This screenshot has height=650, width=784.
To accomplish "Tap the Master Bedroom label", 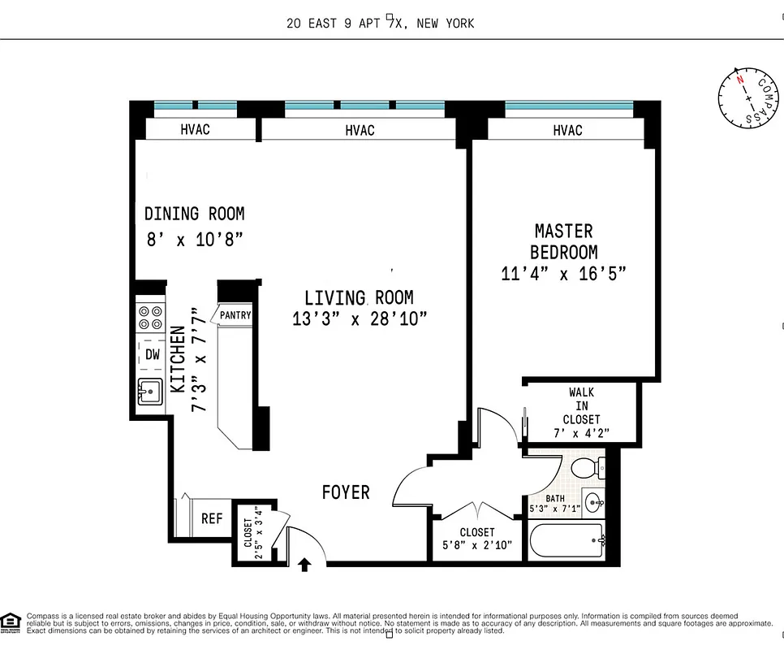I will tap(564, 241).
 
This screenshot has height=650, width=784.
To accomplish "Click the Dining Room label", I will tap(194, 214).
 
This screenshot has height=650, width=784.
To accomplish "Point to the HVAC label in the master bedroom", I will tap(567, 130).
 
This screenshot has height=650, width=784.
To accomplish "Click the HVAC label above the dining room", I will tap(195, 129).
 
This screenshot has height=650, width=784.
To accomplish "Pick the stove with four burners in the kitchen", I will tap(150, 317).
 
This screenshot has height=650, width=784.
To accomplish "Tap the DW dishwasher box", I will tap(152, 354).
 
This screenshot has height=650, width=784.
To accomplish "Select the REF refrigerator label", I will tap(212, 518).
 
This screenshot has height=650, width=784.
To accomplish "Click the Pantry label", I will tap(235, 315).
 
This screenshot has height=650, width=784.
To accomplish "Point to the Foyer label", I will tap(345, 492).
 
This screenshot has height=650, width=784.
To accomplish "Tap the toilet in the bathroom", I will tap(587, 469).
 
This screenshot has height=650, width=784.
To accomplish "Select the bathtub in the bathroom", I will tap(566, 539).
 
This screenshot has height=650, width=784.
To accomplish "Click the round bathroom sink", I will tap(592, 500).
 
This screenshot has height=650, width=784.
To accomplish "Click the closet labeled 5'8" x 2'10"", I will tap(476, 538).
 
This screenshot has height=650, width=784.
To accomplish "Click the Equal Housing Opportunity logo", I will tap(11, 622).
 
